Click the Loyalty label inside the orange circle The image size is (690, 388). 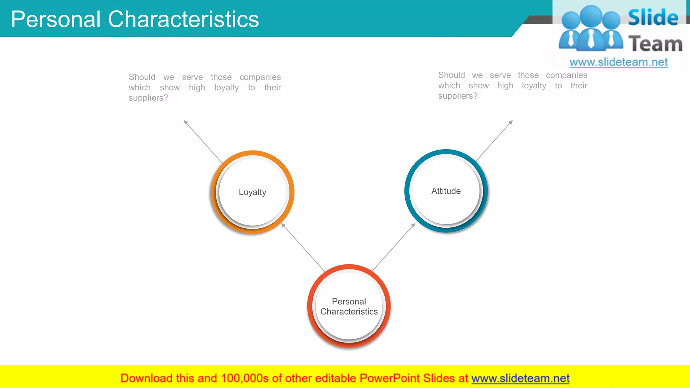tap(252, 192)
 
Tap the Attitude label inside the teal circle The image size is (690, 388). tap(446, 191)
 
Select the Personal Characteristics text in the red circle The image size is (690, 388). tap(349, 306)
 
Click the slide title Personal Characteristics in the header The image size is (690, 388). tap(135, 19)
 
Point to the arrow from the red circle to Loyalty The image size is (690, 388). tap(303, 247)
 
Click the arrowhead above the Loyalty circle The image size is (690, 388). tap(186, 122)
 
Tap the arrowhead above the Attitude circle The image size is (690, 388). tap(510, 122)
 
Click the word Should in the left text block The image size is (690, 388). tap(142, 77)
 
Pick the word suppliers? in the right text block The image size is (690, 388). tap(458, 96)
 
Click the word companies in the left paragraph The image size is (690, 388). tap(260, 77)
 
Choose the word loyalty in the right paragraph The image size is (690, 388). tap(534, 86)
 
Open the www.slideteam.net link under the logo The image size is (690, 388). tap(618, 62)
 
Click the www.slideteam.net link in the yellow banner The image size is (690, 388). tap(520, 378)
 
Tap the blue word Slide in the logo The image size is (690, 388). tap(653, 18)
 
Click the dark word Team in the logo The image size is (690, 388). tap(655, 44)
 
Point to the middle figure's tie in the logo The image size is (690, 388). tap(591, 39)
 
